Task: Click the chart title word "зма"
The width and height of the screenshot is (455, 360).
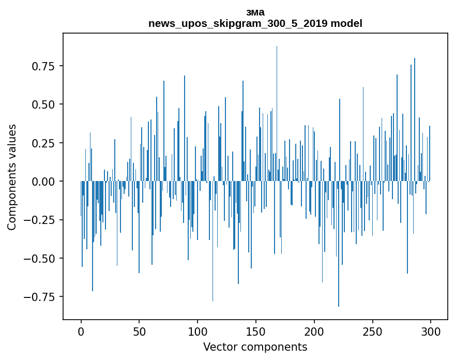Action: (255, 12)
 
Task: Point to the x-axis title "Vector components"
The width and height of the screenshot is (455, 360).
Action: (255, 347)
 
